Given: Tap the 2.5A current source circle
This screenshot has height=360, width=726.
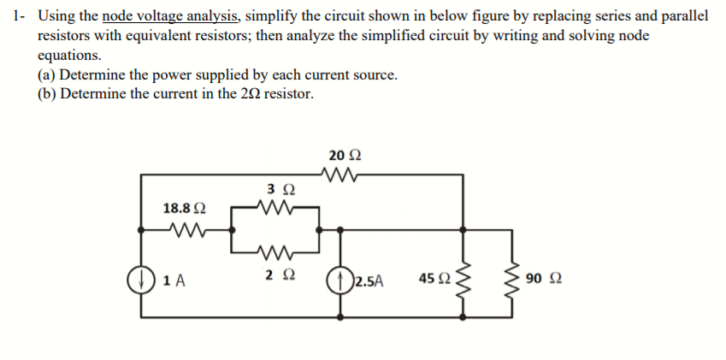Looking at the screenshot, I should pos(340,279).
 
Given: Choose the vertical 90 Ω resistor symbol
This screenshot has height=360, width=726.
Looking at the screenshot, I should pos(515,278).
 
